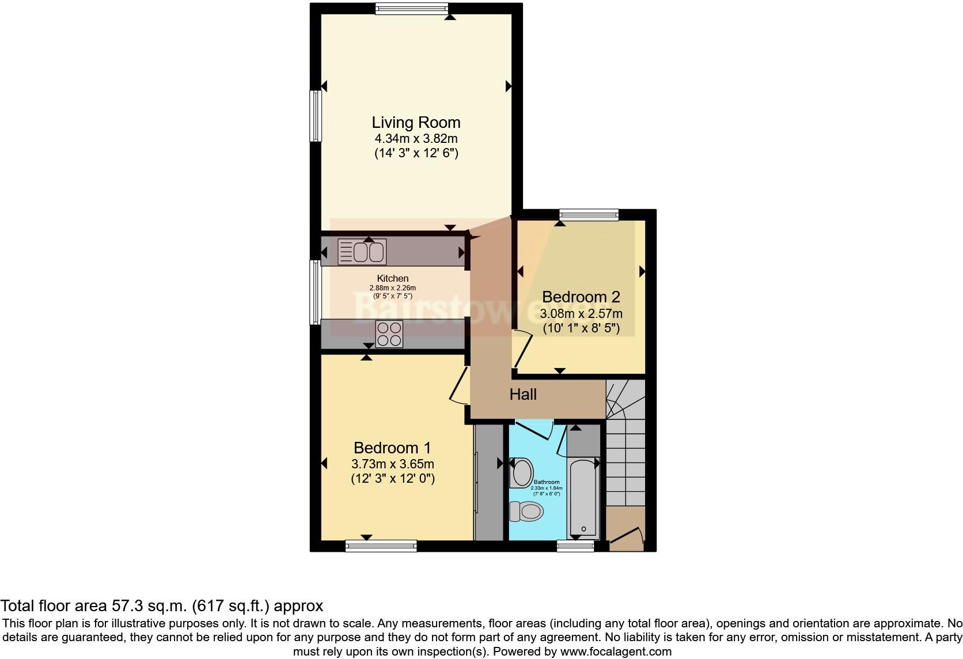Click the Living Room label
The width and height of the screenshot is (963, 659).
416,123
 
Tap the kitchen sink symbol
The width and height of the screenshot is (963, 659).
362,252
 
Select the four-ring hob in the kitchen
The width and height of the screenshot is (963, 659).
389,334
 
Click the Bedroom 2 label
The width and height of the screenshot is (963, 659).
581,297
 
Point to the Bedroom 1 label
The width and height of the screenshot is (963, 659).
392,448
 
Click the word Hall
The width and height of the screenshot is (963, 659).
523,395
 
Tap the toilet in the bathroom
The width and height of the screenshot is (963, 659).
527,511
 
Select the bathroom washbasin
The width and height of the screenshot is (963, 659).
522,472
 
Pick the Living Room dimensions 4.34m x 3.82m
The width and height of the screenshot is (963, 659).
416,139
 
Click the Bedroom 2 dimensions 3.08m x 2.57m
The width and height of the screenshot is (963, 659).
581,315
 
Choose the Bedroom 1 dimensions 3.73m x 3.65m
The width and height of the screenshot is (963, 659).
392,464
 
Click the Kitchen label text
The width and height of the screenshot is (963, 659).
393,279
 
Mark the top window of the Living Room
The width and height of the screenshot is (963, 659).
412,8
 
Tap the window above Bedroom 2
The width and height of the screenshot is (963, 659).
589,215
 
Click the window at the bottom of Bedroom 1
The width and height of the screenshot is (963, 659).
381,546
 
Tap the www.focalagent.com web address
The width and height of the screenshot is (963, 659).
615,652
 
